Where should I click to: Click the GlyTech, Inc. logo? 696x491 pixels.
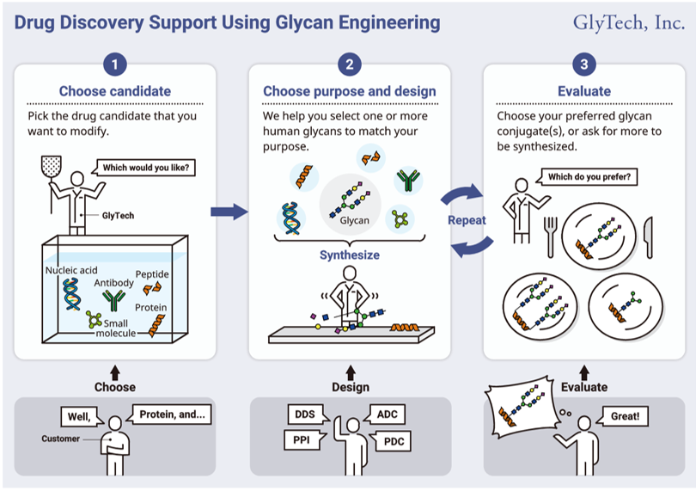(x=629, y=23)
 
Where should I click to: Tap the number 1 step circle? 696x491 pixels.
(x=115, y=64)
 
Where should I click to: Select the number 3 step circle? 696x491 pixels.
(x=584, y=64)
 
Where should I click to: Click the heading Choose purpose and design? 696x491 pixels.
(x=350, y=91)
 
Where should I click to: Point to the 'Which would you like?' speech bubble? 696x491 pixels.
(x=144, y=168)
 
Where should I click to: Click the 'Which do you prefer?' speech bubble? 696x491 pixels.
(x=587, y=176)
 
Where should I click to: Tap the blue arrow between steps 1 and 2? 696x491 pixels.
(x=229, y=212)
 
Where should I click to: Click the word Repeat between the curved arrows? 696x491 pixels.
(x=467, y=220)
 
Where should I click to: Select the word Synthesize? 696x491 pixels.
(x=350, y=255)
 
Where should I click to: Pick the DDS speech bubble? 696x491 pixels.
(x=307, y=414)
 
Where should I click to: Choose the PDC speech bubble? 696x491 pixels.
(x=391, y=441)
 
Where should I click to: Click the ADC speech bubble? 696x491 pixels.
(x=385, y=414)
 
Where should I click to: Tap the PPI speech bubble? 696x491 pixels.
(x=303, y=440)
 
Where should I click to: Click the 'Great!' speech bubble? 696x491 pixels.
(x=622, y=416)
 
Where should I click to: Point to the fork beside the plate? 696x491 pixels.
(x=551, y=236)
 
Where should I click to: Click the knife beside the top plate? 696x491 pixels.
(x=649, y=237)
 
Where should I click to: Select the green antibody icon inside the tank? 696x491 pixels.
(x=113, y=300)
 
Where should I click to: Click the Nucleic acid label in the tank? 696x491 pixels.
(x=71, y=270)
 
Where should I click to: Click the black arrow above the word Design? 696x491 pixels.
(x=351, y=372)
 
